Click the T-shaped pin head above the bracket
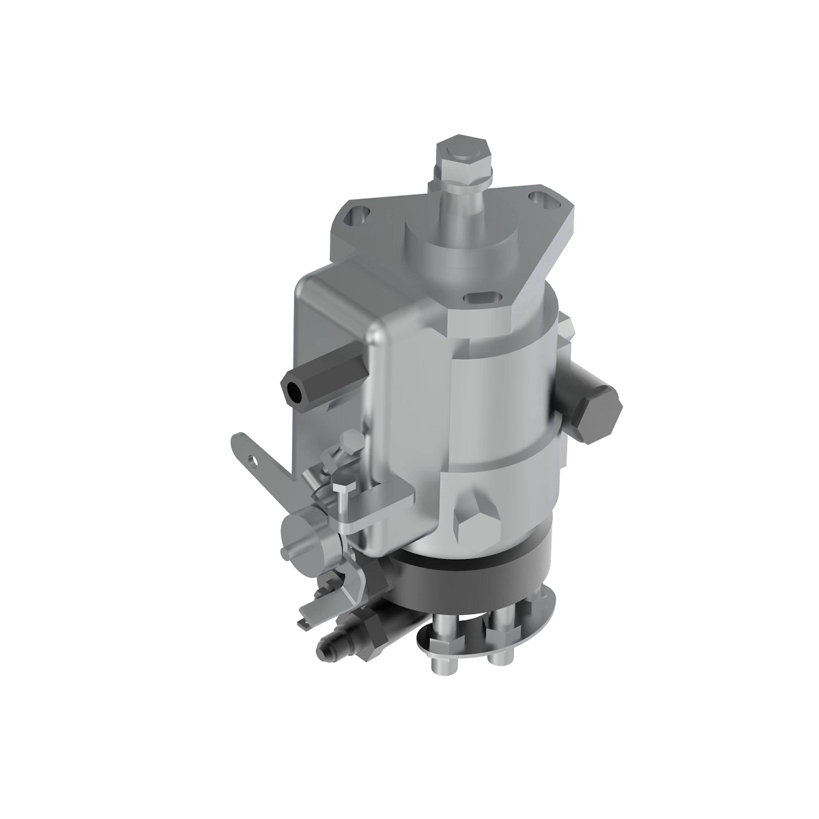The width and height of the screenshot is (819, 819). (346, 487)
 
